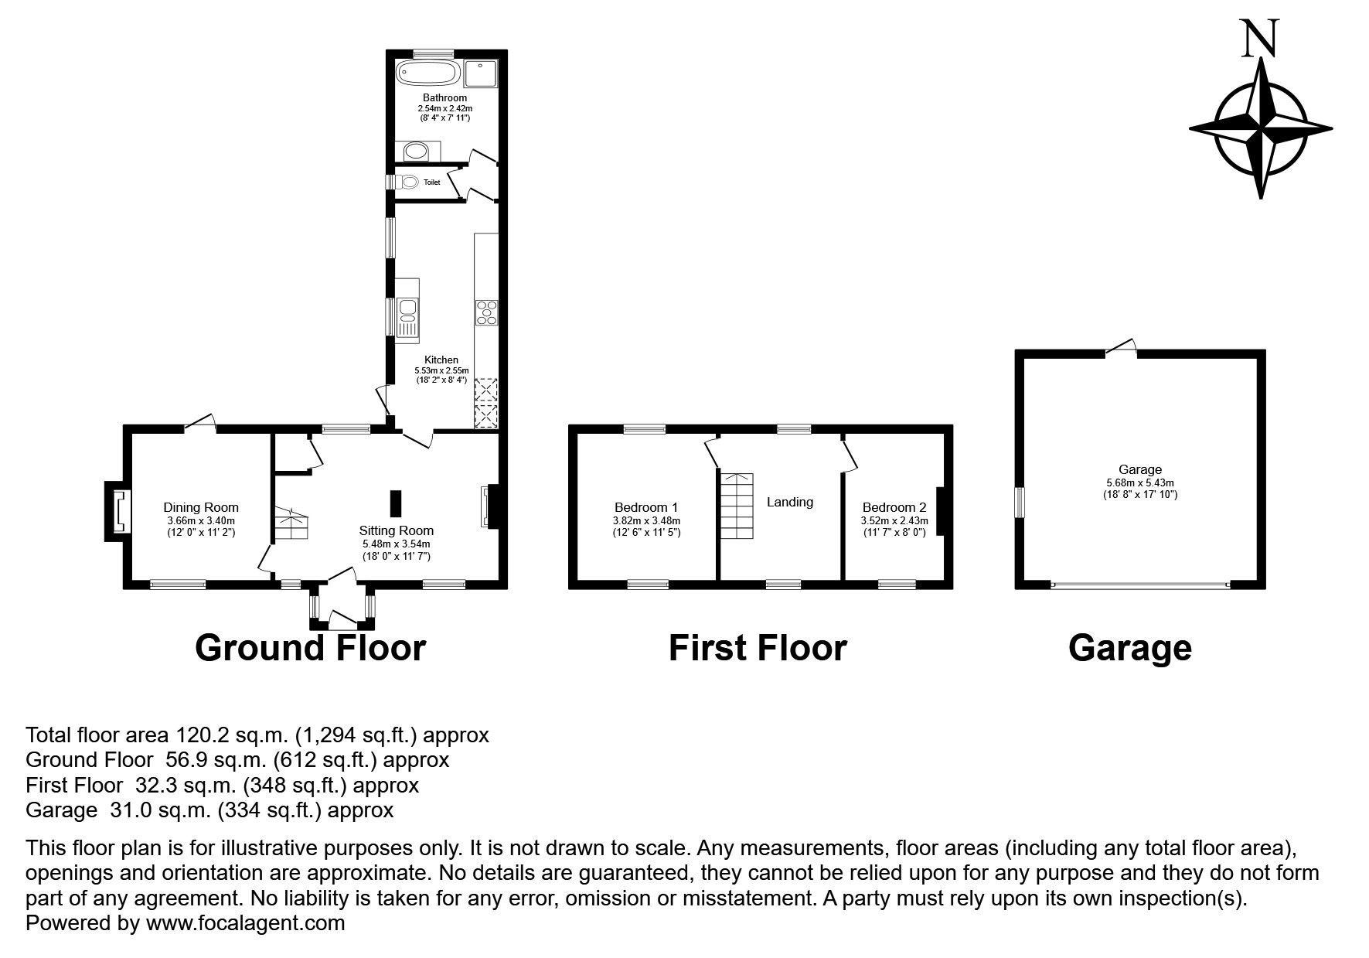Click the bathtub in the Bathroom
[x=428, y=73]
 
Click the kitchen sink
[x=407, y=318]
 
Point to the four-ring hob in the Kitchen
[x=487, y=312]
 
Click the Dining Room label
[x=201, y=507]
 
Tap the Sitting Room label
[x=397, y=530]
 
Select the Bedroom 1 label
[x=646, y=507]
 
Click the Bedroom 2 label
[x=894, y=507]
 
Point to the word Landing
[x=790, y=502]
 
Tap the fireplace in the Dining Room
[x=118, y=512]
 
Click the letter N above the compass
[x=1260, y=39]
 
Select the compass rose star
[x=1261, y=128]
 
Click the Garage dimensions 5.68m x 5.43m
[x=1140, y=482]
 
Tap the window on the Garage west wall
[x=1020, y=502]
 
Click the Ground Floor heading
[x=311, y=647]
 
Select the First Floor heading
[x=758, y=647]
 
